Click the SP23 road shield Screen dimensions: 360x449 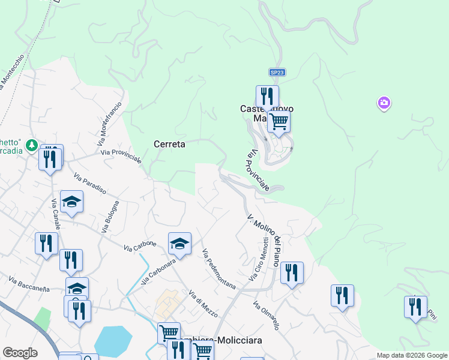point(277,72)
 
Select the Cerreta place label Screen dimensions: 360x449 point(169,144)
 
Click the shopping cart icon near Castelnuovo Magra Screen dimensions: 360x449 point(279,121)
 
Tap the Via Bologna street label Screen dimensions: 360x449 point(111,216)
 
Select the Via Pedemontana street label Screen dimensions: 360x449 point(218,269)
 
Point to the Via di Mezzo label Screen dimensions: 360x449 point(203,304)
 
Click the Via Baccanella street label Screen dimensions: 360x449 point(29,284)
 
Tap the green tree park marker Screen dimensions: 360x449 point(32,145)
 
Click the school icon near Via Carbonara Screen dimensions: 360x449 point(179,243)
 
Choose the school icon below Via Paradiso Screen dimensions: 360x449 point(71,202)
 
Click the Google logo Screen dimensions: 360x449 point(20,353)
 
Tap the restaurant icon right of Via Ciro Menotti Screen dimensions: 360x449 point(292,273)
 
